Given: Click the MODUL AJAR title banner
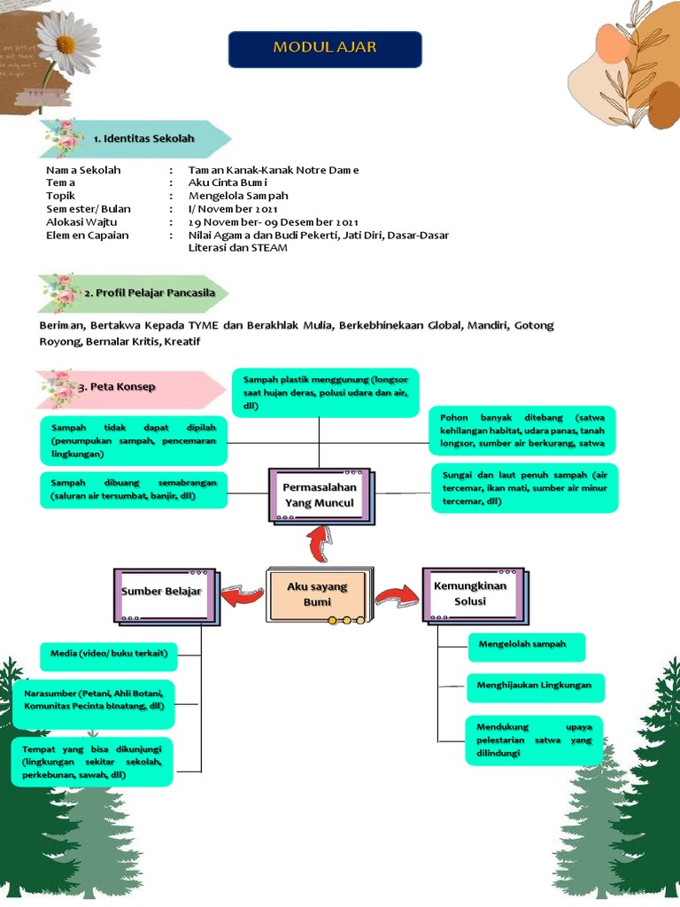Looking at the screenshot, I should [x=325, y=49].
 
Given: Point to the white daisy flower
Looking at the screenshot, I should [x=67, y=42].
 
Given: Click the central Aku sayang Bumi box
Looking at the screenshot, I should [x=317, y=594].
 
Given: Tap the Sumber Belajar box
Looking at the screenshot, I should [x=162, y=591].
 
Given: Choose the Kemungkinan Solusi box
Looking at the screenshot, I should [x=470, y=593].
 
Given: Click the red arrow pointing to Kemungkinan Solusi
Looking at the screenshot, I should [x=395, y=595].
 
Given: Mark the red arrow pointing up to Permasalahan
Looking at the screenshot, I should [x=319, y=542].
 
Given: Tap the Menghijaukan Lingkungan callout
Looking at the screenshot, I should [x=536, y=687].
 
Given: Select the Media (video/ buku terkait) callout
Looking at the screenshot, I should [x=109, y=655].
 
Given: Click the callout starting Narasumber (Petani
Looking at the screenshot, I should [x=93, y=703].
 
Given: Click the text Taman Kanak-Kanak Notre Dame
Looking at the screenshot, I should [x=274, y=170].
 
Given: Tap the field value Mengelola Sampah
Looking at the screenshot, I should [x=238, y=196].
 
